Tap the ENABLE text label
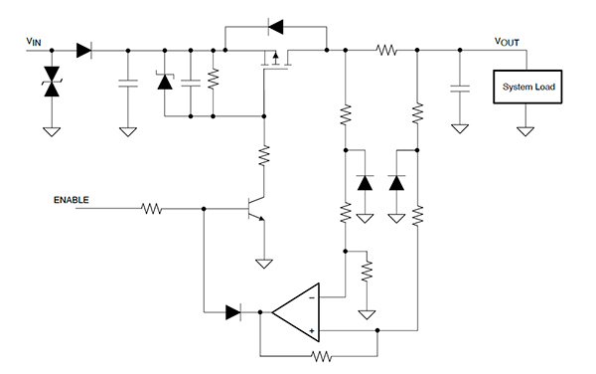(72, 199)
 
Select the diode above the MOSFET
(275, 24)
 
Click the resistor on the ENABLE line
(152, 209)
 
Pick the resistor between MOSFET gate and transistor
(264, 155)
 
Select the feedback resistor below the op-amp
(320, 354)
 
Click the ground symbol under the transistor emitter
(264, 263)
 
